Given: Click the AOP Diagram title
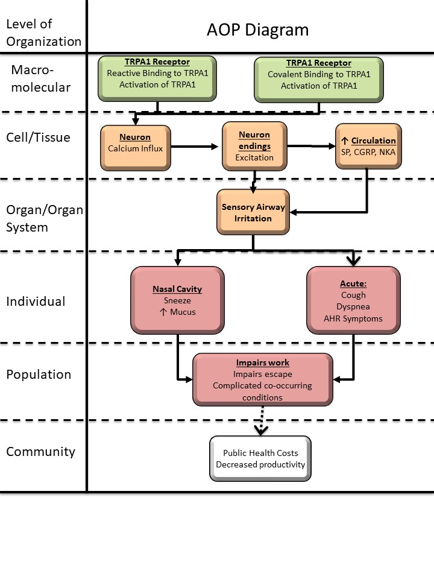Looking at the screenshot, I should pyautogui.click(x=257, y=30).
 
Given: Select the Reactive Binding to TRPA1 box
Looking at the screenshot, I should pyautogui.click(x=157, y=77).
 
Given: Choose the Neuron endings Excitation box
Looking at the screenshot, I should pyautogui.click(x=254, y=146).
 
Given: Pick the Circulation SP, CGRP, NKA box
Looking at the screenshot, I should pyautogui.click(x=368, y=146).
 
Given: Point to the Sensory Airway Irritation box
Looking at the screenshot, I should pyautogui.click(x=253, y=212).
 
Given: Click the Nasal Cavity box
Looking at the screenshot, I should pyautogui.click(x=177, y=300).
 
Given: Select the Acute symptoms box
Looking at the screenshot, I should pyautogui.click(x=353, y=300).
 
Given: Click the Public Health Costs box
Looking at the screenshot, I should pyautogui.click(x=260, y=459).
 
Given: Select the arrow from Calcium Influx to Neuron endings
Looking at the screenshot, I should pyautogui.click(x=193, y=147).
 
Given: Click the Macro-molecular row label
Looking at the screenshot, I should pyautogui.click(x=40, y=78).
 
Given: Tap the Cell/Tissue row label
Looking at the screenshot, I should pyautogui.click(x=38, y=138).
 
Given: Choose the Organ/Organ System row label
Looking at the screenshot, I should pyautogui.click(x=44, y=218).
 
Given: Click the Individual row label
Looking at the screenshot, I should pyautogui.click(x=36, y=301).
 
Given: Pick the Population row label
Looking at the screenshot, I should pyautogui.click(x=39, y=374).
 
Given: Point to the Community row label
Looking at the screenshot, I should pyautogui.click(x=40, y=451).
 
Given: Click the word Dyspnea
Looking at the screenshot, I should pyautogui.click(x=353, y=306).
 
